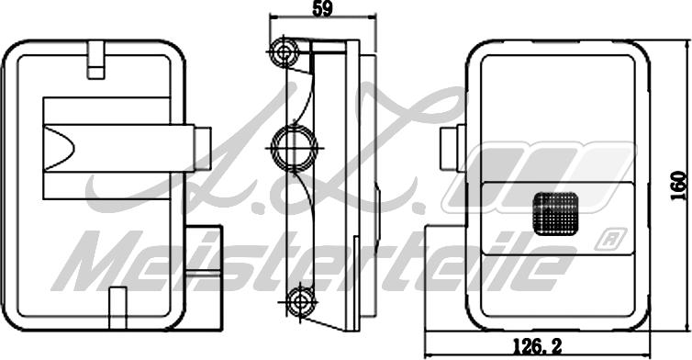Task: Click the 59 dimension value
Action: (322, 8)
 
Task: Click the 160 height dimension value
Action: (679, 186)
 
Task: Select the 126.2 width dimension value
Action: (537, 347)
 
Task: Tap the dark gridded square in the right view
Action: (555, 213)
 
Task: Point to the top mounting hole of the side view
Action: (285, 53)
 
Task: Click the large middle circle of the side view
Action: (294, 148)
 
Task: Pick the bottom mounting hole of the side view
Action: (300, 302)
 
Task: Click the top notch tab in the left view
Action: (95, 60)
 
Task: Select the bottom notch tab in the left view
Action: (117, 308)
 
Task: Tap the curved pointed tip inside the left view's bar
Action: (73, 148)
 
